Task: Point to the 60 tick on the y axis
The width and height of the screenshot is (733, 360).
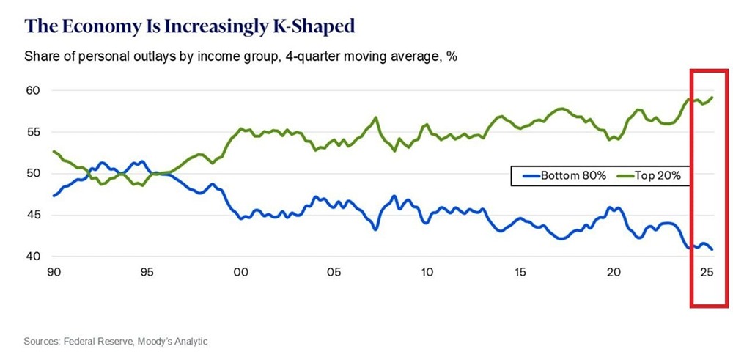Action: click(x=33, y=90)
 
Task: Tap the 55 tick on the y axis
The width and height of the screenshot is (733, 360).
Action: click(x=33, y=132)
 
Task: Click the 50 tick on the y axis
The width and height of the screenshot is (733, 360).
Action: click(x=33, y=174)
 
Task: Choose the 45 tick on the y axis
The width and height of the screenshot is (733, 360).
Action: click(x=33, y=216)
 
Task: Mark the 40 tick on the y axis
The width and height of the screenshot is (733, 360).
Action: click(x=33, y=257)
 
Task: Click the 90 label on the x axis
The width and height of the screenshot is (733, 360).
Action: click(x=53, y=273)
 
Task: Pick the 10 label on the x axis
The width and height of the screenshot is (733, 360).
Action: click(x=427, y=273)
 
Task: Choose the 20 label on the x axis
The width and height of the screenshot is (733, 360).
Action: click(x=614, y=273)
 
